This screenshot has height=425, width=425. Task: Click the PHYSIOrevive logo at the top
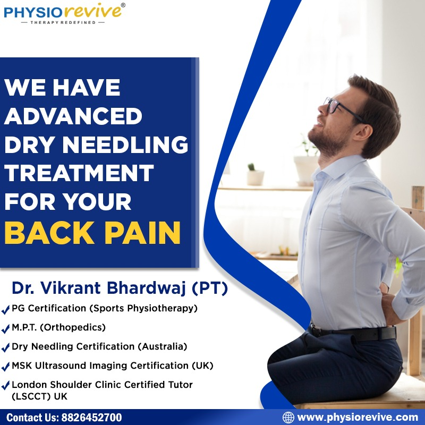tap(64, 11)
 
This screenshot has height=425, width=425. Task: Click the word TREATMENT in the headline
tap(79, 174)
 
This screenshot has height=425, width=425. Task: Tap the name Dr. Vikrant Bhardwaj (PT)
tap(120, 288)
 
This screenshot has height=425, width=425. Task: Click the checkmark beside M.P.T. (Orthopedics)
tap(6, 328)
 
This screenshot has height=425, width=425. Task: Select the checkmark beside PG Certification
tap(6, 309)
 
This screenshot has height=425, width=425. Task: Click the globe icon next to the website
tap(288, 417)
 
